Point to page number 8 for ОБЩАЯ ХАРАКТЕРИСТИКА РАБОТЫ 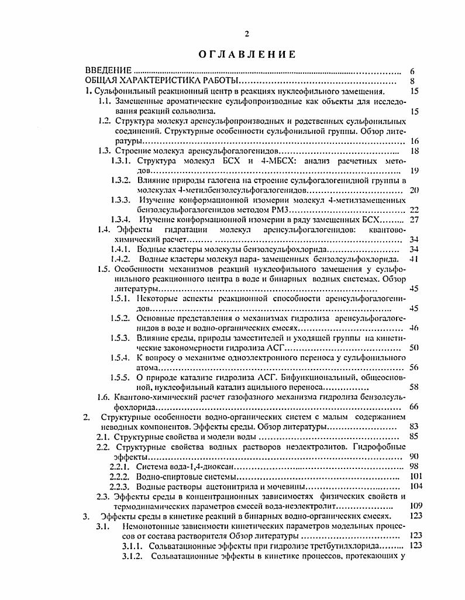tap(413, 81)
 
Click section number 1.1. tap(105, 101)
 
